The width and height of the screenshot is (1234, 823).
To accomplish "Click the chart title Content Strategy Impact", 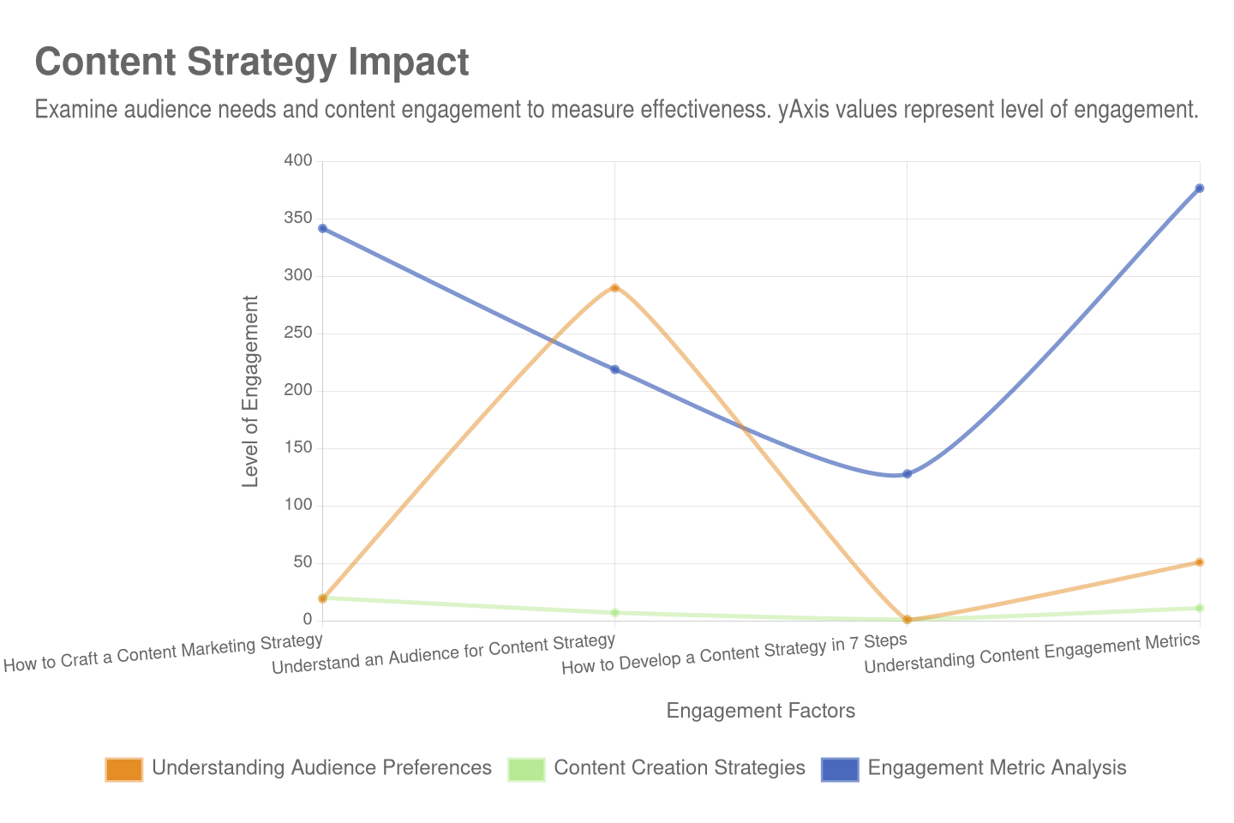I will (x=252, y=63).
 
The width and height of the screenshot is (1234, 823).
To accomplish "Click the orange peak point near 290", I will (x=614, y=287).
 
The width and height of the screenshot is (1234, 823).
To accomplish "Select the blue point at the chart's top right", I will (x=1200, y=189).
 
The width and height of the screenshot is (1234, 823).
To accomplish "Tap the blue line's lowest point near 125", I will (x=907, y=474).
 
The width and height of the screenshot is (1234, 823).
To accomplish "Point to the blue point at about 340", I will (x=322, y=229).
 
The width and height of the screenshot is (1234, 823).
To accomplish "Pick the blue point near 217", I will (x=614, y=369).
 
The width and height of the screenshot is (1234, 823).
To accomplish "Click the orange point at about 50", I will (x=1200, y=562).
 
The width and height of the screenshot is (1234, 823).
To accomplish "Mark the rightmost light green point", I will (x=1200, y=608).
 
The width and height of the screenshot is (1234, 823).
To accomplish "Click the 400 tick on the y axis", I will (x=298, y=160).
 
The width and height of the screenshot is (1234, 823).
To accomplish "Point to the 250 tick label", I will (x=298, y=333).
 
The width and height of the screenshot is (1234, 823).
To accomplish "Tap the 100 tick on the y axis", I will (x=298, y=504).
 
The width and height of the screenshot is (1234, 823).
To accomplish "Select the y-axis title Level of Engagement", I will (x=250, y=391).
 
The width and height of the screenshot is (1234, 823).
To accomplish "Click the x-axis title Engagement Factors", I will (x=761, y=711).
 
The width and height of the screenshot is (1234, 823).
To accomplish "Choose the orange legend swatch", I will (x=124, y=769).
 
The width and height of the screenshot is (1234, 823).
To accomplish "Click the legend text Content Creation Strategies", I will (x=680, y=768).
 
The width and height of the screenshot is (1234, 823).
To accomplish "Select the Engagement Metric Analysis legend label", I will (x=997, y=768).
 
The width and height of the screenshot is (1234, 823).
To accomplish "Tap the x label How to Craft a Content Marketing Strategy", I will (x=164, y=652).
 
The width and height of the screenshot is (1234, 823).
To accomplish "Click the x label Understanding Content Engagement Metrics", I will (x=1032, y=654).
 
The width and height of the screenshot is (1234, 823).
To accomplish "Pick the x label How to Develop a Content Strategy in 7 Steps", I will (x=734, y=654).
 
